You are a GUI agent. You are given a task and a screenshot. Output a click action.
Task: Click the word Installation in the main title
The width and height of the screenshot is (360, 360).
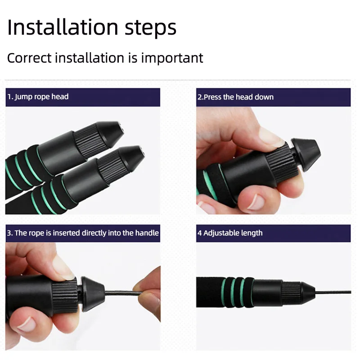[x=63, y=27]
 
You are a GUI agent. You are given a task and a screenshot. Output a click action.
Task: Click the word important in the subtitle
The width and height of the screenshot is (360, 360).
[x=172, y=58]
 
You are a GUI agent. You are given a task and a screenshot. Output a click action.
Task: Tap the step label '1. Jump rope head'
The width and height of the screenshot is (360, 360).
[x=38, y=97]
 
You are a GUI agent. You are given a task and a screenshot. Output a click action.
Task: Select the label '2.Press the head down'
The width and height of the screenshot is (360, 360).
[x=235, y=97]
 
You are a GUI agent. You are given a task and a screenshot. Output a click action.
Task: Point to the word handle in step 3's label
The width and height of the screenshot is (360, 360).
[x=147, y=233]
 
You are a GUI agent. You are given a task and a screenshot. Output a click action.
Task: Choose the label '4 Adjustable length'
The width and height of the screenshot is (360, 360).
[x=230, y=233]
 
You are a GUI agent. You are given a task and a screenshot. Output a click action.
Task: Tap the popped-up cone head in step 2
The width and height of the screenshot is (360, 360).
[x=306, y=154]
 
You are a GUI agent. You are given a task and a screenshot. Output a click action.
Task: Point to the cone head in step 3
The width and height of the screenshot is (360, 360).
[x=92, y=294]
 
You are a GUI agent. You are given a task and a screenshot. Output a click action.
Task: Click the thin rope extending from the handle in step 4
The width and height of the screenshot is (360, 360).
[x=333, y=292]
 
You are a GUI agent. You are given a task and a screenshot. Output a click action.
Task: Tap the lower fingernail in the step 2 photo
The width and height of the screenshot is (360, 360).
[x=256, y=202]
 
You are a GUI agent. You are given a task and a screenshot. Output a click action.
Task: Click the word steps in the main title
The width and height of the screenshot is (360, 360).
[x=151, y=28]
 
